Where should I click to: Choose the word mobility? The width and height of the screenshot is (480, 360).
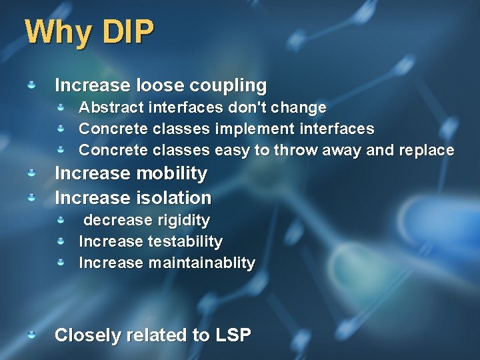coord(170,173)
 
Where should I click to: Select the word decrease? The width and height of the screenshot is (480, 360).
coord(117,220)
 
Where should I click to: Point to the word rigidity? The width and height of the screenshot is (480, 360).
coord(183,220)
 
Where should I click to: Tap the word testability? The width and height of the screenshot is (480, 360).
coord(185,241)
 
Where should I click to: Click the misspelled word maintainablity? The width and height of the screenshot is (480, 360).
coord(201,263)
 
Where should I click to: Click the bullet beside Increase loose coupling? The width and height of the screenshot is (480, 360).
coord(31,85)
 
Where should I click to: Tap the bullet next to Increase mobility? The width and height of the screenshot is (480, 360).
coord(31,173)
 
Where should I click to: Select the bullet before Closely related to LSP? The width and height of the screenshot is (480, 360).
coord(31,334)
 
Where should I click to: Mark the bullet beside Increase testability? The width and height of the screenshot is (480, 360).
coord(60,241)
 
